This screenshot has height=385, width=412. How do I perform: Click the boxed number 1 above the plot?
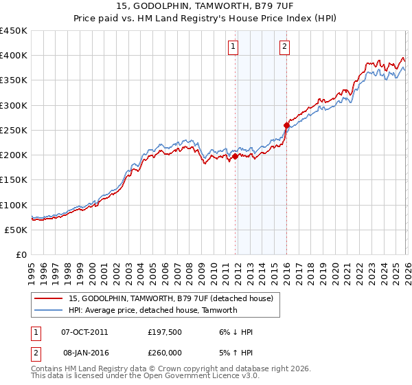[x=233, y=47]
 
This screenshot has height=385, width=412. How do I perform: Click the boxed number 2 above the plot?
[x=284, y=47]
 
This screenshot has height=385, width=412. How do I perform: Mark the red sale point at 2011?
[x=235, y=156]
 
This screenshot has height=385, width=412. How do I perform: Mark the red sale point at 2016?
[x=286, y=125]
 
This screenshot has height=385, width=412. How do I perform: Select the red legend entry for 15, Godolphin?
[x=171, y=298]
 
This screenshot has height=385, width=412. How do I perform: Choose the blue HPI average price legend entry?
[x=152, y=310]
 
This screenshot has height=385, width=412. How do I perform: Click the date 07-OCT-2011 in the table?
[x=84, y=332]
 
